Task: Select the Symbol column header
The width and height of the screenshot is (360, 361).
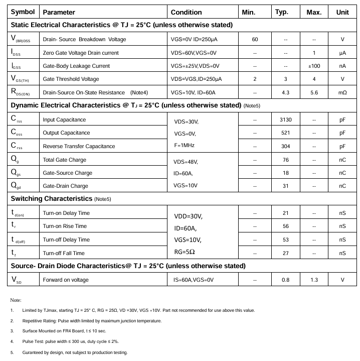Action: click(23, 12)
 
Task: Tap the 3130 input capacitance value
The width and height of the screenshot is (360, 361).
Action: click(285, 119)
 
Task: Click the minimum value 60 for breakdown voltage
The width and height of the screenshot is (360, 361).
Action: click(255, 39)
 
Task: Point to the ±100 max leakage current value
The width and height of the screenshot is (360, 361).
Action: click(314, 66)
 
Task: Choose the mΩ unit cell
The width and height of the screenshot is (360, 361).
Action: click(342, 92)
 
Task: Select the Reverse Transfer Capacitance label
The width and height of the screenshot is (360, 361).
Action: click(79, 146)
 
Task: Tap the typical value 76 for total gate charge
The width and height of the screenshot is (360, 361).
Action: click(285, 160)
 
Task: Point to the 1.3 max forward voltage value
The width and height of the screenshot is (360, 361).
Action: click(314, 280)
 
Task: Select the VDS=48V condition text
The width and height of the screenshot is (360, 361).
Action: click(186, 162)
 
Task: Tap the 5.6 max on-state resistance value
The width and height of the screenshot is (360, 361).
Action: click(314, 92)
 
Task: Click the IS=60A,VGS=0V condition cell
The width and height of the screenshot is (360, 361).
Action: click(194, 280)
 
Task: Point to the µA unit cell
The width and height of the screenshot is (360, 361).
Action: click(342, 53)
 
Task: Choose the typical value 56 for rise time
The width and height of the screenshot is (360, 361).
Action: click(285, 226)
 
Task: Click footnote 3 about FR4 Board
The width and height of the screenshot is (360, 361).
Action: click(64, 331)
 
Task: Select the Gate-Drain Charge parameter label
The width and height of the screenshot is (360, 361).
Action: click(65, 186)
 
